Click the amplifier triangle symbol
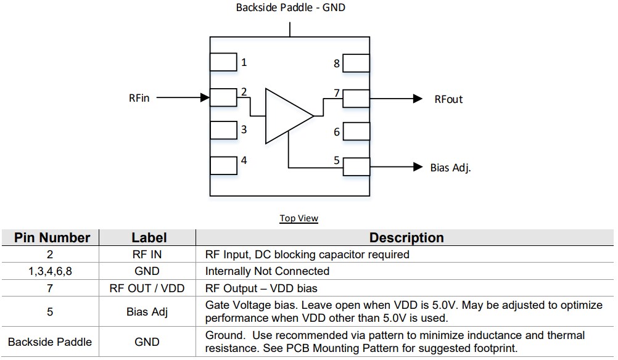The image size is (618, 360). point(285,116)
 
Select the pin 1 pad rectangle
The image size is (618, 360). point(223,62)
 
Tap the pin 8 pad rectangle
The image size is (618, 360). point(356,63)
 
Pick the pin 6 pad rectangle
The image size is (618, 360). point(356,132)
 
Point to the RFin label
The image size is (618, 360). point(139,98)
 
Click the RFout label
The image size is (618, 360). point(448,99)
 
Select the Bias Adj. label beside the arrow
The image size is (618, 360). point(450,167)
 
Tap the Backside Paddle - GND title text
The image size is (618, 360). point(291,8)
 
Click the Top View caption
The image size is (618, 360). point(299,218)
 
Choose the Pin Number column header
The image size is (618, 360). point(52,238)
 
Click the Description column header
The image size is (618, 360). point(406,238)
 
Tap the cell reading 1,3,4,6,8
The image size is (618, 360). point(50,271)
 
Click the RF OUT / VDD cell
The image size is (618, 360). point(147,288)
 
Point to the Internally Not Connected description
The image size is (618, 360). point(267,271)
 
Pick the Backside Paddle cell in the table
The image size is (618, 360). point(50,342)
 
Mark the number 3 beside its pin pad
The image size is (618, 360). point(244,130)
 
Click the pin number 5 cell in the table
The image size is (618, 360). point(50,312)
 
